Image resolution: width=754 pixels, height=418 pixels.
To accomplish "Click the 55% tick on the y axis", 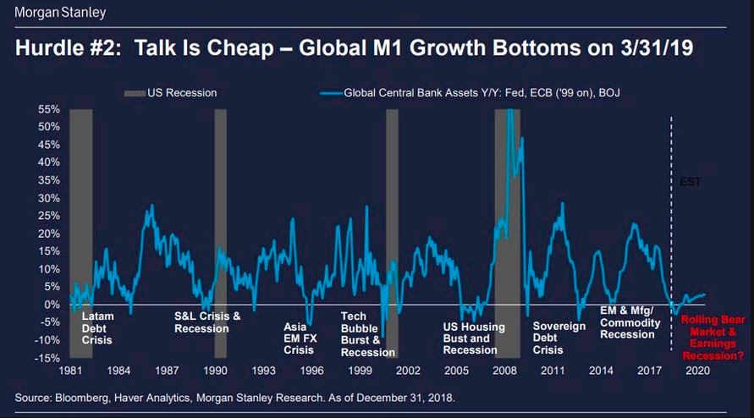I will (47, 110).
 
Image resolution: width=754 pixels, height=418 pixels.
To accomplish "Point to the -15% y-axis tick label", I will (46, 358).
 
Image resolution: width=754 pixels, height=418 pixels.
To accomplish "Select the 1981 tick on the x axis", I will (70, 371).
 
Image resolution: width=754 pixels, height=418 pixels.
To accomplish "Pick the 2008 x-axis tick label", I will (504, 371).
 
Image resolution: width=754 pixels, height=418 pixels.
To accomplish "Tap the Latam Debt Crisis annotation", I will (97, 328).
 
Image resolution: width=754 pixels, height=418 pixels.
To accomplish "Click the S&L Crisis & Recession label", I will (207, 322).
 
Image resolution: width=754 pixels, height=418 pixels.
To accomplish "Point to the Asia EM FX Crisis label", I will (299, 338).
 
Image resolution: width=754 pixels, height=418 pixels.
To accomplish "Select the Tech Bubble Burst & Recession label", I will (367, 334).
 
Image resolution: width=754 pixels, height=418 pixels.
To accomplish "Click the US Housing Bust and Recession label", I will (474, 338).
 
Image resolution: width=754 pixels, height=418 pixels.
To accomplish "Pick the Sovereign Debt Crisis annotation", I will (559, 338).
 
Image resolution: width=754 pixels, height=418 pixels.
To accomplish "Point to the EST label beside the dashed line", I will (691, 181).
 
